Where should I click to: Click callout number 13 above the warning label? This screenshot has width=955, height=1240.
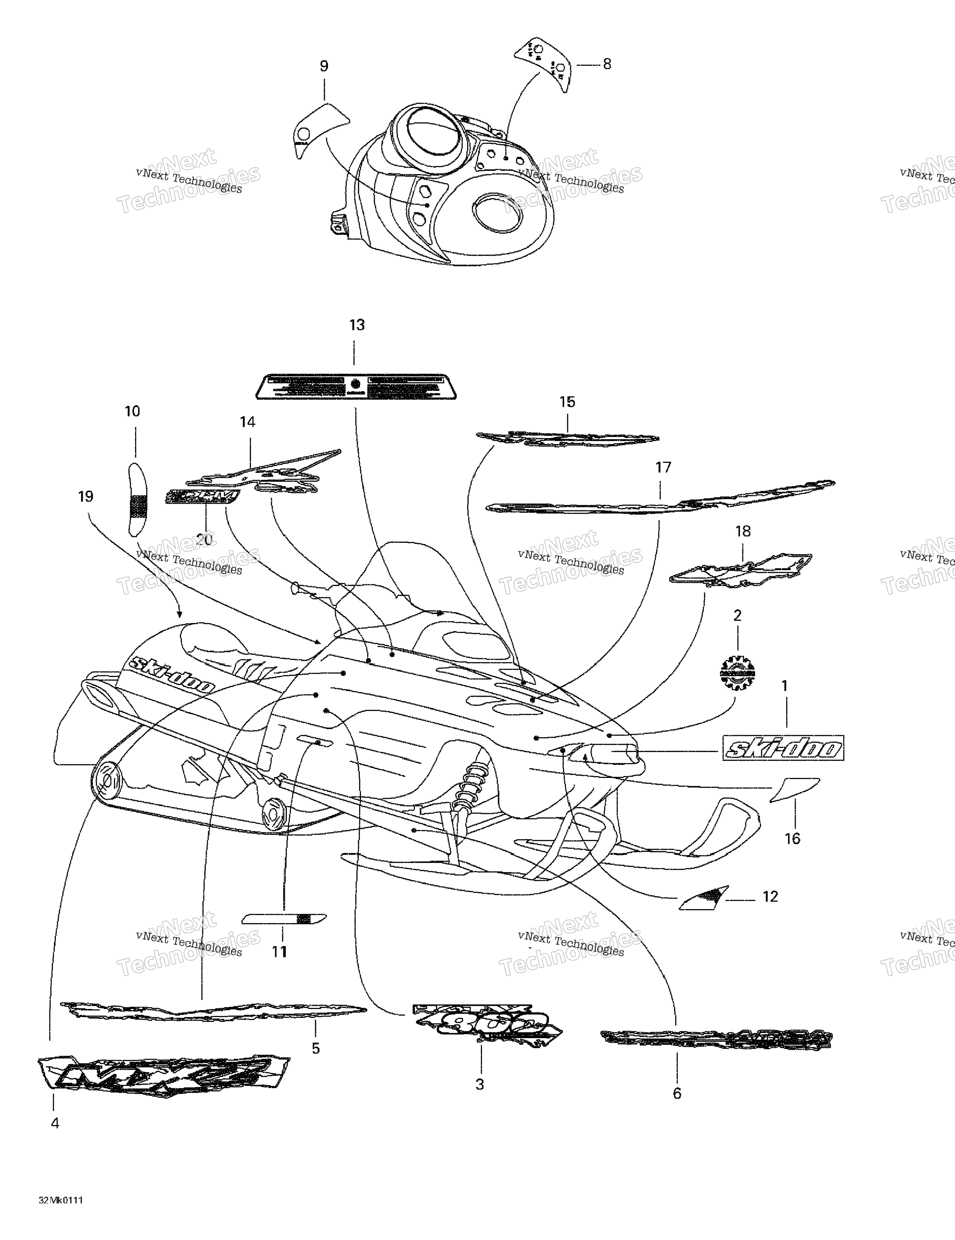pos(356,325)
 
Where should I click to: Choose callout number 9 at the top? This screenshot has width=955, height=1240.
pos(324,67)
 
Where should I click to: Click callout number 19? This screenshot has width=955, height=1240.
pos(86,497)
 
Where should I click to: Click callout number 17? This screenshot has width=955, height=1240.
pos(663,467)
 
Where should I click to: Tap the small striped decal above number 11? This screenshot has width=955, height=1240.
pos(284,919)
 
